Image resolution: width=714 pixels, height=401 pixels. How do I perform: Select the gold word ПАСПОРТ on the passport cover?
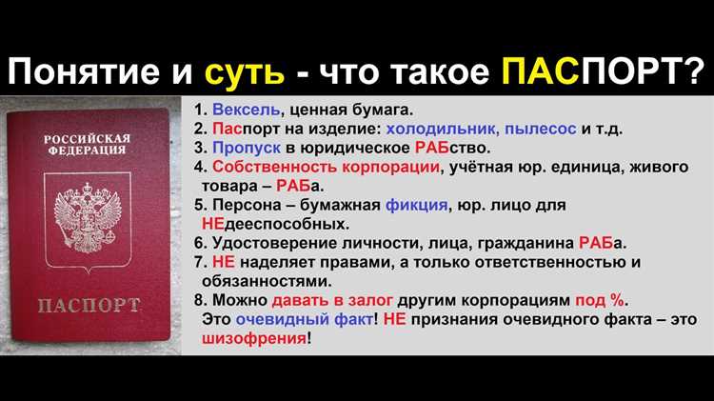[89, 306]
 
